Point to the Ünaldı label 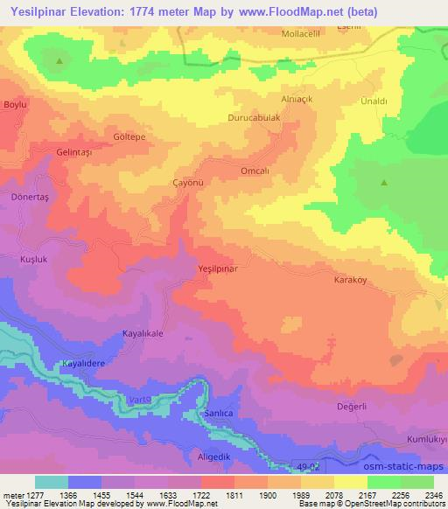point(374,101)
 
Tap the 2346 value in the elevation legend point(432,494)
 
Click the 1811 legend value point(232,494)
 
